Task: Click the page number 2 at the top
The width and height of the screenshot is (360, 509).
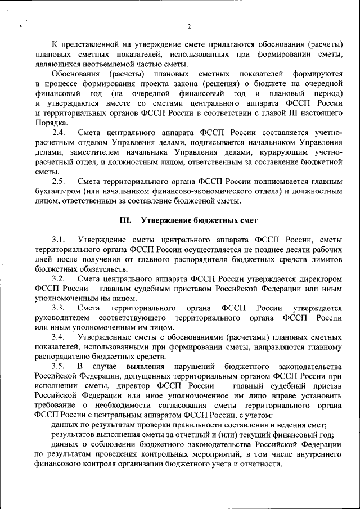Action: pos(189,26)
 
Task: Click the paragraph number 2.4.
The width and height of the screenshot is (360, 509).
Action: pos(58,132)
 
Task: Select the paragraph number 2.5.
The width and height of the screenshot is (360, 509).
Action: pos(58,182)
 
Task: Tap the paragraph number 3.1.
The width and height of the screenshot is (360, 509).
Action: pos(58,240)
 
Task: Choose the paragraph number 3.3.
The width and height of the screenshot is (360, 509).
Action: pos(58,308)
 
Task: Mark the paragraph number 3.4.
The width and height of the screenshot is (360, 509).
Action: pos(58,337)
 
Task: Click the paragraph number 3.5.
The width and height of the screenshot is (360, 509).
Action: pos(58,367)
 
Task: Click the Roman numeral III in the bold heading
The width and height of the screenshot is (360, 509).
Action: pos(125,220)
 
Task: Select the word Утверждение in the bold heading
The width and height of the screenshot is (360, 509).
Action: pos(167,220)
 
